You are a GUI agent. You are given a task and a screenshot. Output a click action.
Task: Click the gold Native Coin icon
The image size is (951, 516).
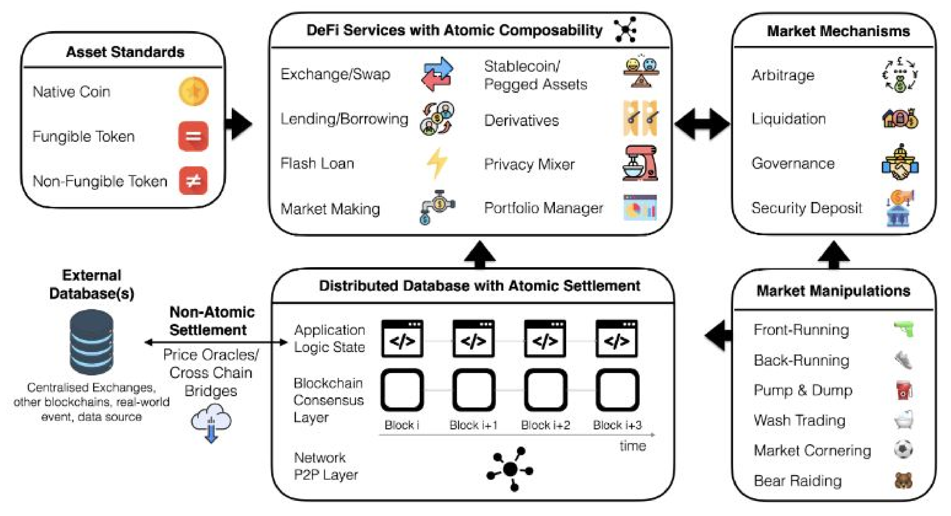(x=194, y=91)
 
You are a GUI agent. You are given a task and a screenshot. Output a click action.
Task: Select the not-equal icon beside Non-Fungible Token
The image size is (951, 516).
(x=193, y=181)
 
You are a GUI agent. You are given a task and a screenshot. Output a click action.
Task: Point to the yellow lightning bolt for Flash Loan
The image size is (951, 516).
(x=437, y=163)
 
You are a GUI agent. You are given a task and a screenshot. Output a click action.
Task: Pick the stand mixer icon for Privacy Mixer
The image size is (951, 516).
(x=640, y=163)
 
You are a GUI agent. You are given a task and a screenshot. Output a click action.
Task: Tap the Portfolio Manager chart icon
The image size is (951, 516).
(x=640, y=208)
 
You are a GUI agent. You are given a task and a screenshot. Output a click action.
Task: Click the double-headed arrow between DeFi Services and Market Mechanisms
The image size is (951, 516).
(x=702, y=124)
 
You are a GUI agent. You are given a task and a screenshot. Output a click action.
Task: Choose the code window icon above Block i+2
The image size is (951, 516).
(x=545, y=339)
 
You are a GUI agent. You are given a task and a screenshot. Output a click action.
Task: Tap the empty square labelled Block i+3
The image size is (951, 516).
(x=617, y=390)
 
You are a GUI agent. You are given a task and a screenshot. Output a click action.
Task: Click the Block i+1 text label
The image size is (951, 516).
(x=473, y=425)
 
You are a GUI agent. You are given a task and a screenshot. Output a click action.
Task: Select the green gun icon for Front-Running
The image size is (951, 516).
(x=903, y=329)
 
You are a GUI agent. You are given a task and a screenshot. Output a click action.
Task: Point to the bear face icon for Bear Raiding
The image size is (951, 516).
(x=903, y=480)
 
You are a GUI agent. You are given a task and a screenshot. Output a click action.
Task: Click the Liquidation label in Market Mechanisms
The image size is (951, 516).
(x=789, y=119)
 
